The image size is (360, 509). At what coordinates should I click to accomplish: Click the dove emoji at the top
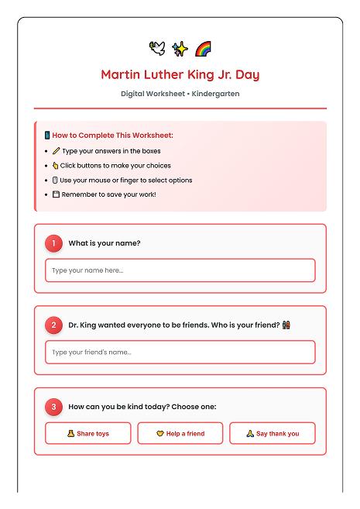[157, 49]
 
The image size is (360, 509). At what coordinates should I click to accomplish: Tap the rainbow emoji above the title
[203, 49]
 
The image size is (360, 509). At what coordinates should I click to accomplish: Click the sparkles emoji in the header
[180, 49]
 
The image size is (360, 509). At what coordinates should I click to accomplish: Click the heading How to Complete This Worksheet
[112, 136]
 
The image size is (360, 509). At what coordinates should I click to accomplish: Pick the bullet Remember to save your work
[108, 194]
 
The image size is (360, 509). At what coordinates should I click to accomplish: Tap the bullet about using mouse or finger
[127, 180]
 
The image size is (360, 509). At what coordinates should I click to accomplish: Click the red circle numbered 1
[53, 243]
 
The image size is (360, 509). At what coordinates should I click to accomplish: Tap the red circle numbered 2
[53, 325]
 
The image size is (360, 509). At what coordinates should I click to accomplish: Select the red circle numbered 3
[53, 407]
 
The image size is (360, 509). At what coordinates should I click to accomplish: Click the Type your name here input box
[180, 270]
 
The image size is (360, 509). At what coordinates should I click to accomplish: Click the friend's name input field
[180, 353]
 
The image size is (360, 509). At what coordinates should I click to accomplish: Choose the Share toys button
[87, 434]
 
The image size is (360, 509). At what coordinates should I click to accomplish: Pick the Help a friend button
[180, 434]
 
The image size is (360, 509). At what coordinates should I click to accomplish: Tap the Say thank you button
[272, 434]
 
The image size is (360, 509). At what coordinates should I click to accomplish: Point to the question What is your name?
[104, 243]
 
